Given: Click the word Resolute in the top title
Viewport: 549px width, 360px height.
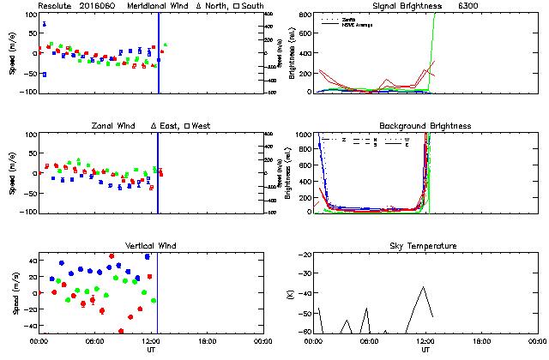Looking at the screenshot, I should point(56,6).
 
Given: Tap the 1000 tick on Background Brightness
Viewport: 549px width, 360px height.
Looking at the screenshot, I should point(302,135).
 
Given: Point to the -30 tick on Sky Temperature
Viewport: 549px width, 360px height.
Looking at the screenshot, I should point(303,275).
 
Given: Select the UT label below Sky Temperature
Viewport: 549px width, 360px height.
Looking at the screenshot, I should point(425,351).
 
